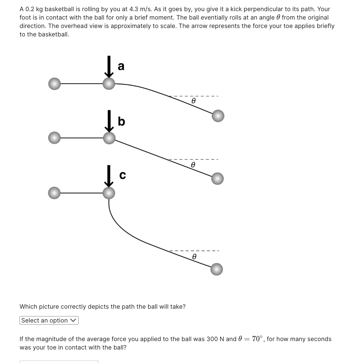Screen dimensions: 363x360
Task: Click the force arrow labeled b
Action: coord(109,121)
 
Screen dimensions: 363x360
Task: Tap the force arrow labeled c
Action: coord(109,176)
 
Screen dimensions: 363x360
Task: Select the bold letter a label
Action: coord(121,66)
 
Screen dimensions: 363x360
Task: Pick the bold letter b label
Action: coord(121,121)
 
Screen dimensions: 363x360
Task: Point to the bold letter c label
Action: coord(122,175)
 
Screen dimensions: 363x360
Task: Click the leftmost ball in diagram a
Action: coord(55,84)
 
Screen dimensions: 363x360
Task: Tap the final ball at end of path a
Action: coord(218,116)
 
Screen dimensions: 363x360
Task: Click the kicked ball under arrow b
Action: coord(109,138)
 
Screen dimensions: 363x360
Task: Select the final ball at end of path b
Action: coord(217,178)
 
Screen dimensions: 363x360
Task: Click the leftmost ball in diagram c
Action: coord(54,193)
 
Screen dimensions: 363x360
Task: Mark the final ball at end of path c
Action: coord(217,269)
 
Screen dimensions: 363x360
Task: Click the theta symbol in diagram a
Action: coord(193,101)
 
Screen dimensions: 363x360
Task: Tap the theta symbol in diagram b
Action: coord(193,164)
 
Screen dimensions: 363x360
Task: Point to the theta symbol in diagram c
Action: coord(194,257)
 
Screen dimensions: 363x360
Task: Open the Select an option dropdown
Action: coord(49,320)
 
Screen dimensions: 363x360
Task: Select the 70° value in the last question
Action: coord(258,339)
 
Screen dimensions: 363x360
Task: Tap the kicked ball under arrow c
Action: coord(109,193)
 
